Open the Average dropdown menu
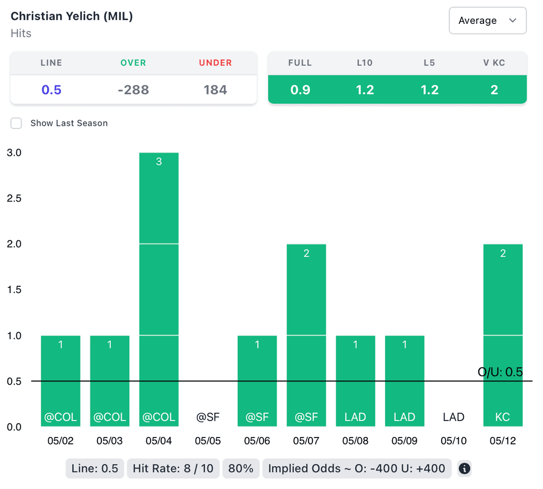click(x=487, y=21)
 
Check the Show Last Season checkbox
click(x=17, y=123)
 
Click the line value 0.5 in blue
click(x=51, y=90)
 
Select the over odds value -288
click(x=133, y=90)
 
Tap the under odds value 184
click(x=215, y=90)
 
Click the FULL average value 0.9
click(x=300, y=90)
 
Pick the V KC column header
click(x=494, y=63)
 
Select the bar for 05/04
click(x=159, y=289)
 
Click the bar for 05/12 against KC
click(x=503, y=335)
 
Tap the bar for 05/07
click(x=306, y=335)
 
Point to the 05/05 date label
click(x=208, y=441)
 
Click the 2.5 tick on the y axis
click(x=14, y=198)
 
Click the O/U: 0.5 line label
click(x=500, y=372)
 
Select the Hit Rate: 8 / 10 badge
click(x=172, y=469)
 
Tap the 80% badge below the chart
click(x=241, y=469)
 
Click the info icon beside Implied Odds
click(x=465, y=469)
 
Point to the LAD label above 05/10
click(x=453, y=417)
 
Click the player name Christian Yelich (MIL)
click(x=72, y=16)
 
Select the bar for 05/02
click(x=60, y=381)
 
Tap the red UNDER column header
click(x=215, y=63)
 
